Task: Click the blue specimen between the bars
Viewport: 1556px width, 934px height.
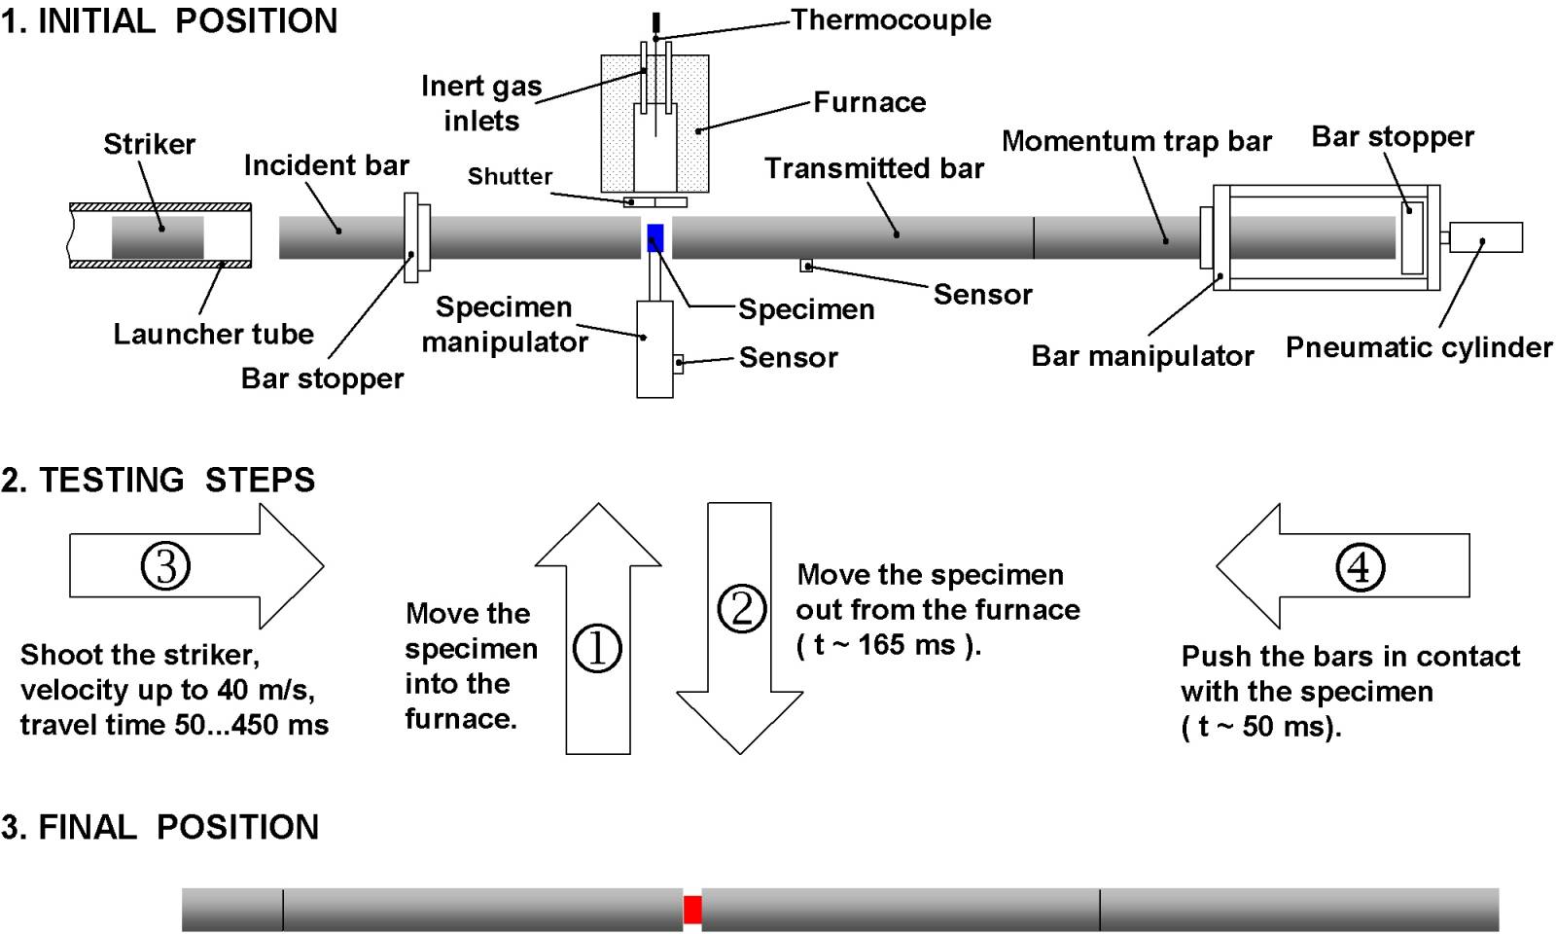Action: pyautogui.click(x=655, y=238)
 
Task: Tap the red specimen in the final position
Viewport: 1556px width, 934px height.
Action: pyautogui.click(x=692, y=910)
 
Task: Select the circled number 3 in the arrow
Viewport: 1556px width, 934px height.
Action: pyautogui.click(x=165, y=565)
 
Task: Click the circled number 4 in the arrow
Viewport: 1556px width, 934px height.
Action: pyautogui.click(x=1359, y=566)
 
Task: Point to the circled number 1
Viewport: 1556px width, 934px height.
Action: pyautogui.click(x=597, y=648)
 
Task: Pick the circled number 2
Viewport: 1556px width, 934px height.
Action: pyautogui.click(x=741, y=608)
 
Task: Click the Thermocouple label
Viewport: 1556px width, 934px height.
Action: pyautogui.click(x=891, y=19)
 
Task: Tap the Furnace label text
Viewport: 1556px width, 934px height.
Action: pyautogui.click(x=869, y=102)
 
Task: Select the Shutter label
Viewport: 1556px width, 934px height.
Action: pyautogui.click(x=510, y=176)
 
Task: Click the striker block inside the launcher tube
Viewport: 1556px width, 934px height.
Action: pyautogui.click(x=158, y=237)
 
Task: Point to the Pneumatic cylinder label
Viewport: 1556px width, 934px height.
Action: pyautogui.click(x=1419, y=347)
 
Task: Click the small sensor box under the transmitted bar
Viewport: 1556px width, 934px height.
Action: pyautogui.click(x=806, y=266)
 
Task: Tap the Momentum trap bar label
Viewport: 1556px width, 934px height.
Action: pyautogui.click(x=1136, y=141)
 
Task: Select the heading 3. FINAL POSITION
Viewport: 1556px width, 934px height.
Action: pyautogui.click(x=160, y=827)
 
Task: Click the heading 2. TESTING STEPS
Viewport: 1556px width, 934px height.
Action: pyautogui.click(x=159, y=480)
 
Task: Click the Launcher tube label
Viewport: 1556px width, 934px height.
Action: pyautogui.click(x=213, y=334)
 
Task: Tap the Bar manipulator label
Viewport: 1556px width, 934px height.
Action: pyautogui.click(x=1142, y=356)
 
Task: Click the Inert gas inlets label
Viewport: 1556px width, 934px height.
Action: pyautogui.click(x=481, y=103)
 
